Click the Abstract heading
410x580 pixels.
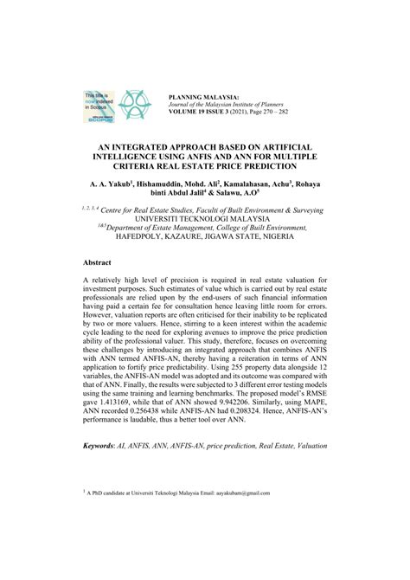click(x=98, y=285)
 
